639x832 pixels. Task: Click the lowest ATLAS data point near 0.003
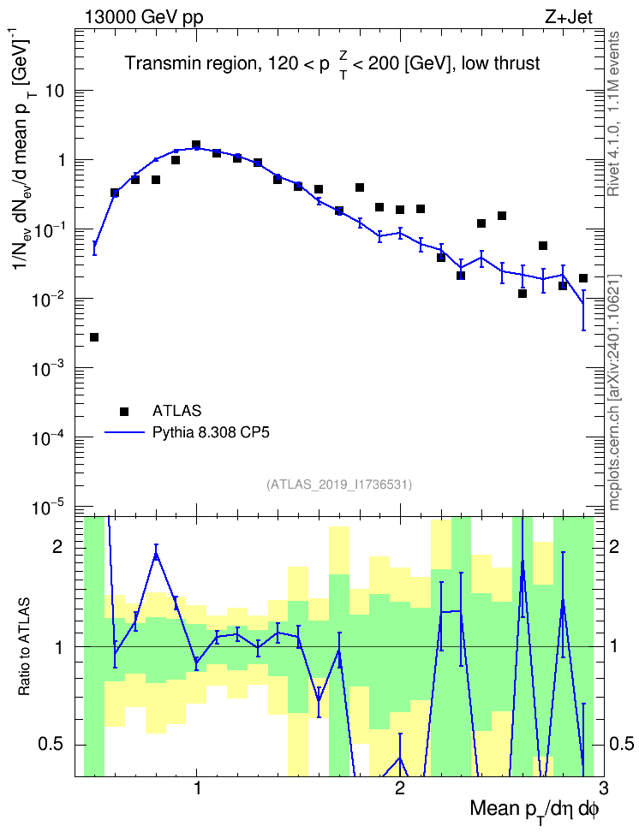point(94,337)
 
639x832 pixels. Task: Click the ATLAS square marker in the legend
point(124,411)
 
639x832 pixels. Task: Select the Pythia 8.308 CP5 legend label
point(211,432)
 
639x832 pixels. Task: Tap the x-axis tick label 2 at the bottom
point(399,787)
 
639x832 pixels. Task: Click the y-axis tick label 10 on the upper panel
point(55,91)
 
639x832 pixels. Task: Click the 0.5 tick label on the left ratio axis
point(51,745)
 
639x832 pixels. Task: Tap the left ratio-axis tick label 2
point(57,547)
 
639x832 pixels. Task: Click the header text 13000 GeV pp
point(143,17)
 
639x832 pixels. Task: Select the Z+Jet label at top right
point(569,17)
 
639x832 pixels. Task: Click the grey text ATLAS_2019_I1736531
point(338,484)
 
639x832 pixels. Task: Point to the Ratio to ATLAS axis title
point(23,646)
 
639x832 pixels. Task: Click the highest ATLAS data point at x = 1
point(196,145)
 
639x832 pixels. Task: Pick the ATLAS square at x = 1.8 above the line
point(360,187)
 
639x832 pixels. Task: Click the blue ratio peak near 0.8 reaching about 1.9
point(156,554)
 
